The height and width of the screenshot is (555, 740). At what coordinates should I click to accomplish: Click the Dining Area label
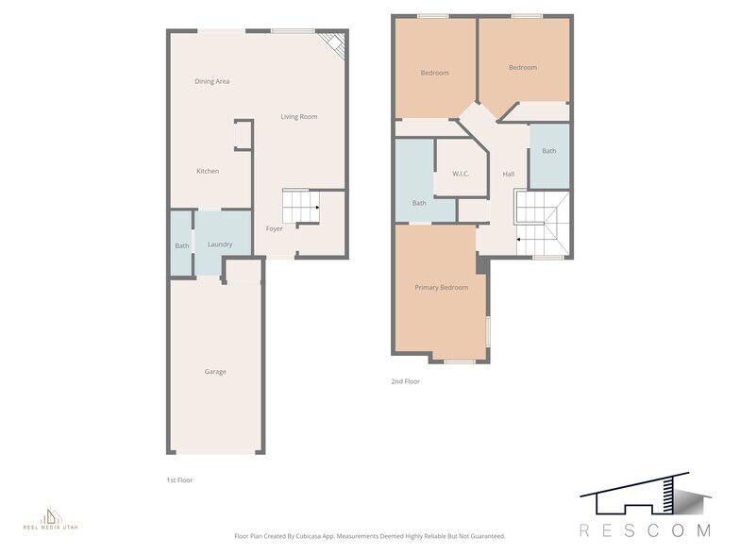click(x=211, y=81)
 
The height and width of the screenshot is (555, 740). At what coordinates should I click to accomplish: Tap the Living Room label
click(x=298, y=117)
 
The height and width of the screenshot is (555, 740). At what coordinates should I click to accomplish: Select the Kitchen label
click(x=208, y=171)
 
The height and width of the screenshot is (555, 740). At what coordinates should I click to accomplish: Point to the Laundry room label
click(x=220, y=244)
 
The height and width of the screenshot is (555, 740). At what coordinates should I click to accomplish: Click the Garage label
click(x=215, y=372)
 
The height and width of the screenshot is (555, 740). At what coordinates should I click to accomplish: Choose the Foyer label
click(x=274, y=228)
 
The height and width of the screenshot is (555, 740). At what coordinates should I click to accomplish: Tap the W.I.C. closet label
click(x=461, y=174)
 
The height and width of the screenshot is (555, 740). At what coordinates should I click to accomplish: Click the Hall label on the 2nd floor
click(x=509, y=175)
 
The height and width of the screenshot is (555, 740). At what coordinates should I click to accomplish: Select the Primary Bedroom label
click(x=442, y=287)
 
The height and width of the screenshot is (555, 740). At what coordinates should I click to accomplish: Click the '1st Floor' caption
click(x=180, y=480)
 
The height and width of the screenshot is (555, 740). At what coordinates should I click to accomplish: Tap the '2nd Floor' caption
click(x=405, y=381)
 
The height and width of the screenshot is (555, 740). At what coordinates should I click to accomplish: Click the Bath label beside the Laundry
click(x=181, y=246)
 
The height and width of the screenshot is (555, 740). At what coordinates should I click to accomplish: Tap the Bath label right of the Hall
click(x=549, y=151)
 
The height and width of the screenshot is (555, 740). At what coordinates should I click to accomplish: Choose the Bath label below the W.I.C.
click(x=419, y=203)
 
